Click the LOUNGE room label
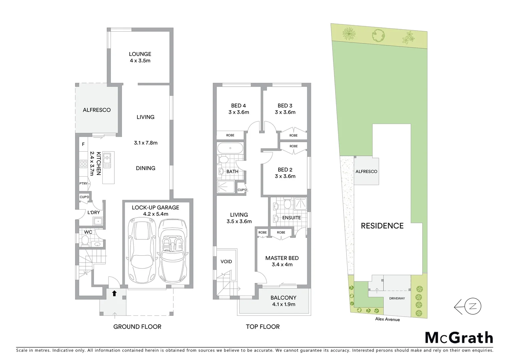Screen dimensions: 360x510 [x=140, y=54]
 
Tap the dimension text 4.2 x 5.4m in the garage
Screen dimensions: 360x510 [x=155, y=214]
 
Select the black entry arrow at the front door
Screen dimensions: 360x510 [x=114, y=293]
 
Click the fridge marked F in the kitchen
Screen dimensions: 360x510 [x=83, y=144]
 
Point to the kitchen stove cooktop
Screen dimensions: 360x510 [x=83, y=164]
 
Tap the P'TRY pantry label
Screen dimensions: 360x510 [x=83, y=184]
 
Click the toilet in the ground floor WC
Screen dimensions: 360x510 [x=85, y=240]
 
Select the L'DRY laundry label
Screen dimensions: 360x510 [x=93, y=212]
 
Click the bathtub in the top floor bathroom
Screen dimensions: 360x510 [x=230, y=148]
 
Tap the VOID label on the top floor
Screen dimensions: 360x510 [x=226, y=262]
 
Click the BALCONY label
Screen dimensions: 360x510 [x=283, y=298]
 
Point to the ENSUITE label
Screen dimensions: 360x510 [x=291, y=218]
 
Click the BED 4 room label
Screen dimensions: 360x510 [x=238, y=106]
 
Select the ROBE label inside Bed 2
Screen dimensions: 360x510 [x=294, y=146]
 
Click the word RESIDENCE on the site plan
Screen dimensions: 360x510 [x=382, y=226]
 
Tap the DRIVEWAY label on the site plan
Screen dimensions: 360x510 [x=397, y=298]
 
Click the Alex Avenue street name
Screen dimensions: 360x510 [x=387, y=319]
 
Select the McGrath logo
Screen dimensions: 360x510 [x=459, y=338]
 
